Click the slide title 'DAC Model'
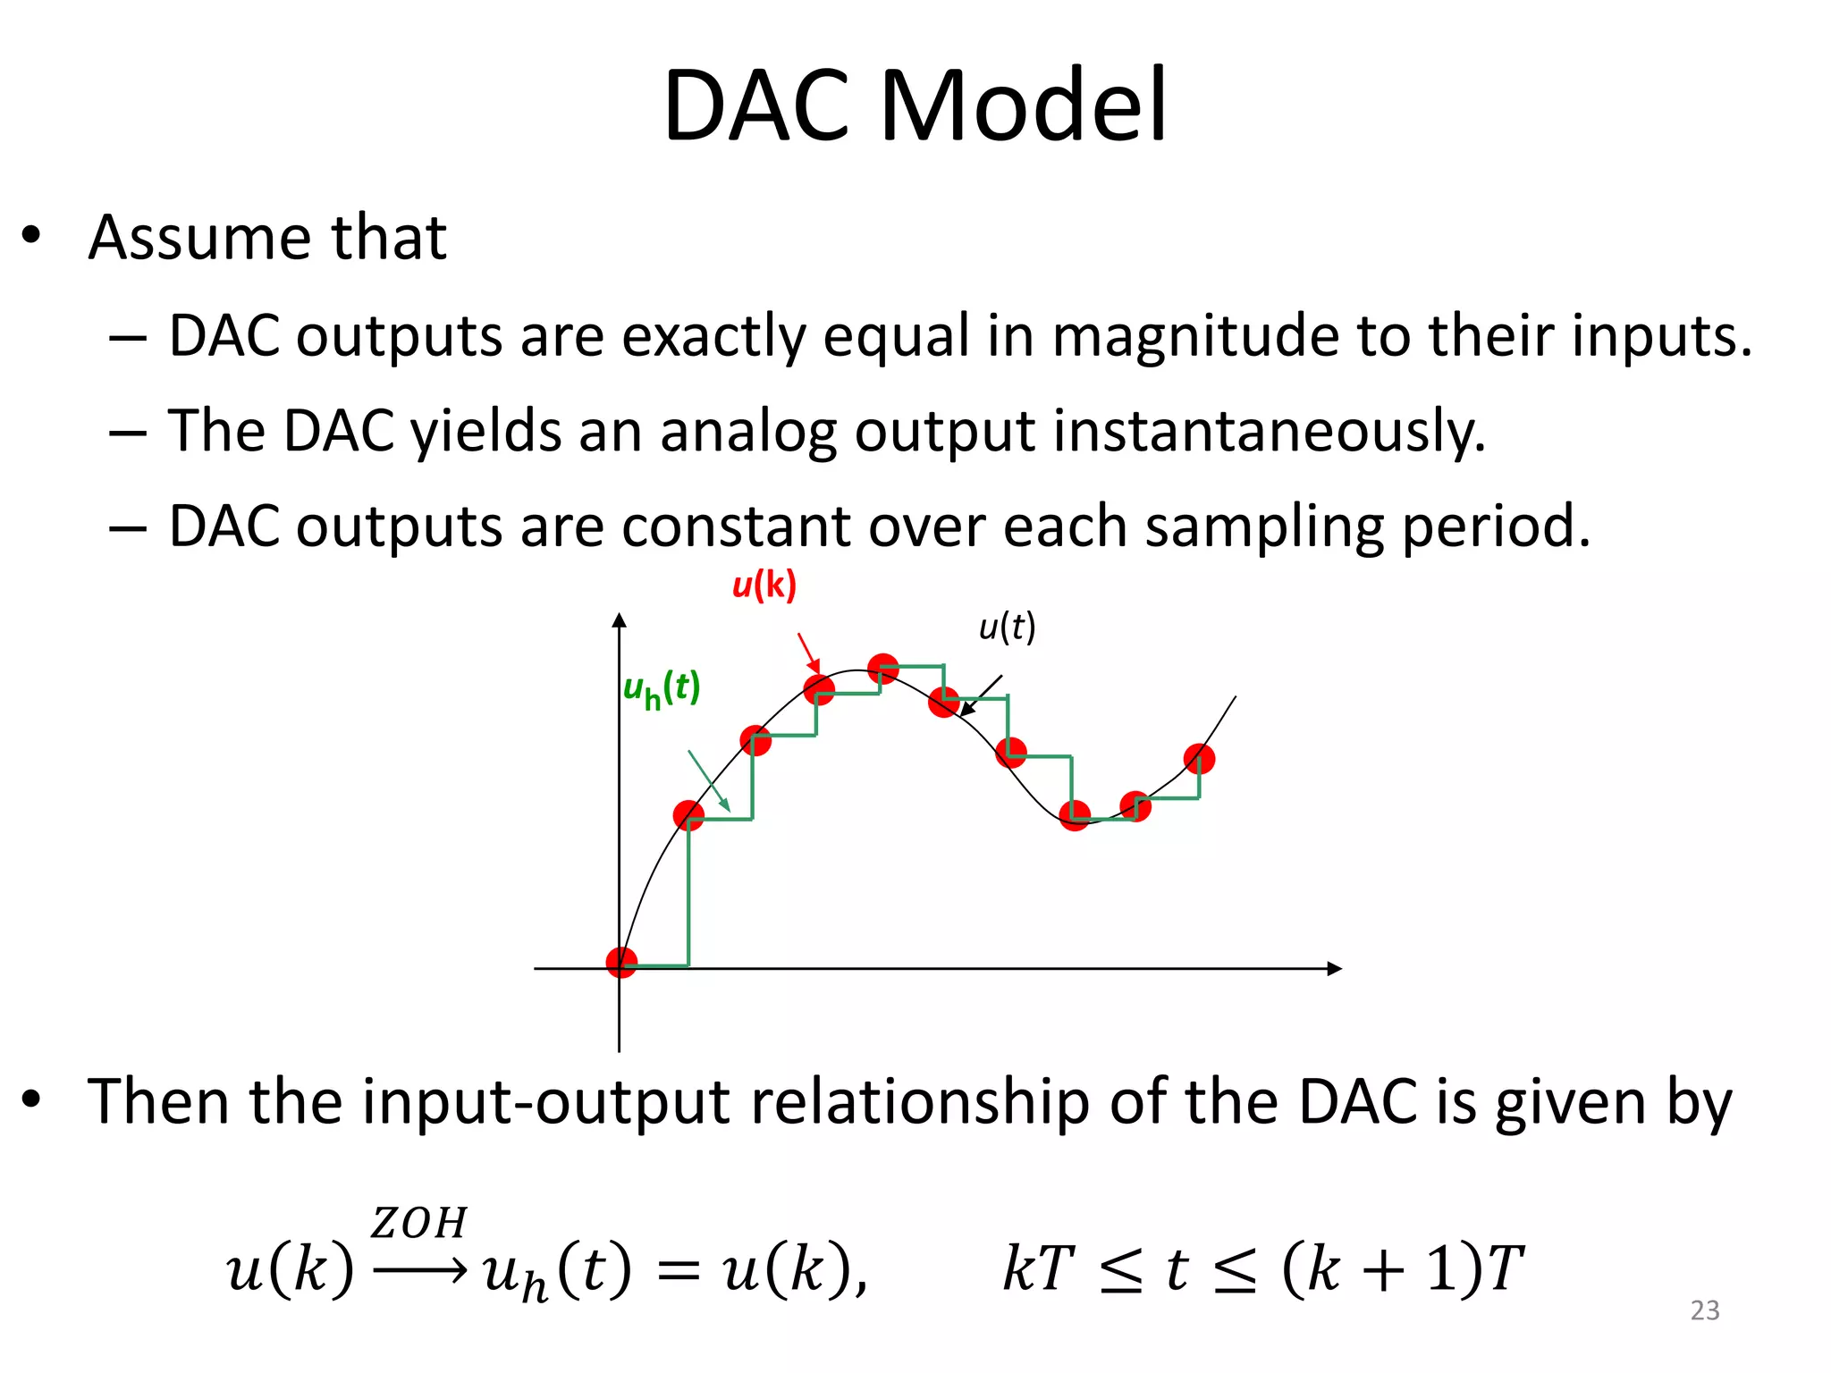tap(915, 105)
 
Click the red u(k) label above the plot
tap(764, 585)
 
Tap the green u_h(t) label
tap(661, 689)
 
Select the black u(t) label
tap(1007, 627)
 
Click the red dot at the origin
tap(621, 963)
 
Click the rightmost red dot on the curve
tap(1199, 759)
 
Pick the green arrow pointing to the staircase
tap(709, 781)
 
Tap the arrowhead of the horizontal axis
tap(1335, 968)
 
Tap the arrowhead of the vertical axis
tap(620, 619)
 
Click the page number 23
tap(1705, 1310)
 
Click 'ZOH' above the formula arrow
tap(418, 1223)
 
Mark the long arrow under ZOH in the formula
tap(418, 1270)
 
